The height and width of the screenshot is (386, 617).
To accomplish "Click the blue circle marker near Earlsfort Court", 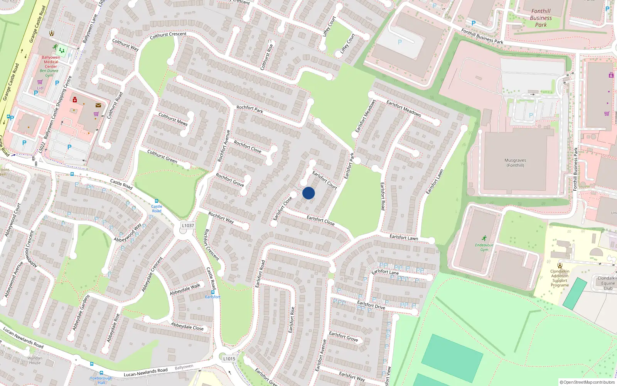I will tap(308, 193).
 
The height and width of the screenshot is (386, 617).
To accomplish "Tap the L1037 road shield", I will tap(188, 225).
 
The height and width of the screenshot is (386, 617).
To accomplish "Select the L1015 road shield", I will tap(229, 359).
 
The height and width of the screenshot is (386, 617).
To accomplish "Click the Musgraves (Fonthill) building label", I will tap(515, 163).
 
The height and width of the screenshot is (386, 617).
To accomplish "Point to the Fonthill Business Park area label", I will tap(541, 18).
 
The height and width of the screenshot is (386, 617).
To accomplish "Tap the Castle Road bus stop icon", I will tap(156, 201).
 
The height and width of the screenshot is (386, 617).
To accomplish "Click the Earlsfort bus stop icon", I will tap(212, 292).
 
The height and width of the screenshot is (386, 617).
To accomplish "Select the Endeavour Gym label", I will tap(484, 247).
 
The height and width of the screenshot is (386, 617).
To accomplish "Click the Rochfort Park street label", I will tap(250, 110).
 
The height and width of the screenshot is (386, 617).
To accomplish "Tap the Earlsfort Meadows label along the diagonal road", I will tap(404, 108).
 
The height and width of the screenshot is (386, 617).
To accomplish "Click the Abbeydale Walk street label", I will tap(185, 289).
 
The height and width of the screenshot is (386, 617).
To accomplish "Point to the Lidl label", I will tap(40, 88).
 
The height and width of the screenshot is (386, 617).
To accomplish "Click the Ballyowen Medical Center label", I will tap(51, 62).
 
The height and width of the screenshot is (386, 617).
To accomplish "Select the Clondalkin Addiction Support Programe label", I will tap(560, 278).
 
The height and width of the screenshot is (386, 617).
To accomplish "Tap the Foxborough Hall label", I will tap(101, 380).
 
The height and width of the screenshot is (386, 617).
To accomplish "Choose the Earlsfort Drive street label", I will tap(371, 305).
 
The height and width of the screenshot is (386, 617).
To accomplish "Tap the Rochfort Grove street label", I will tap(230, 180).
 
